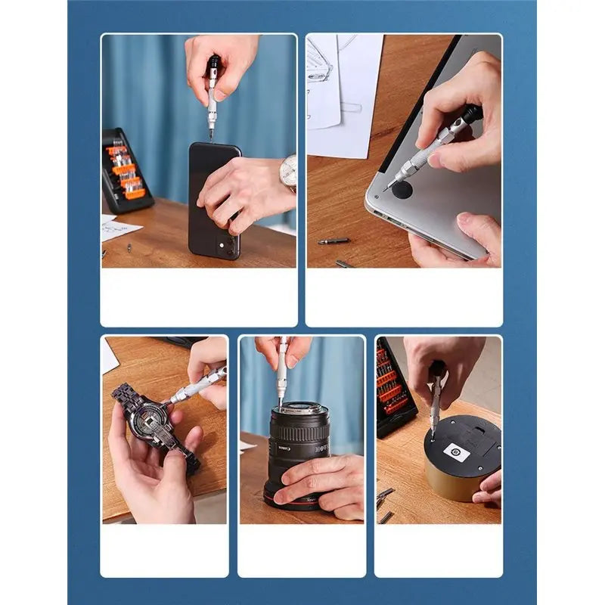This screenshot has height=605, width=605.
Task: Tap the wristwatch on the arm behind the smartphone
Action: click(x=288, y=172)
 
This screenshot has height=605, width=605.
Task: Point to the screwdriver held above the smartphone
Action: click(x=213, y=95)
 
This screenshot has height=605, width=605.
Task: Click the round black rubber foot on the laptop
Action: click(x=402, y=189)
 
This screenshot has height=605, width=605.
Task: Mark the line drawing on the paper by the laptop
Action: click(x=321, y=68)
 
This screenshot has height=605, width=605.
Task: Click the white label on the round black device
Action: click(x=456, y=452)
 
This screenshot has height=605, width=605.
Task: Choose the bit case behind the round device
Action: click(x=393, y=386)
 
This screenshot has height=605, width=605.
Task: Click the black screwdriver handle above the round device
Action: click(x=437, y=371)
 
